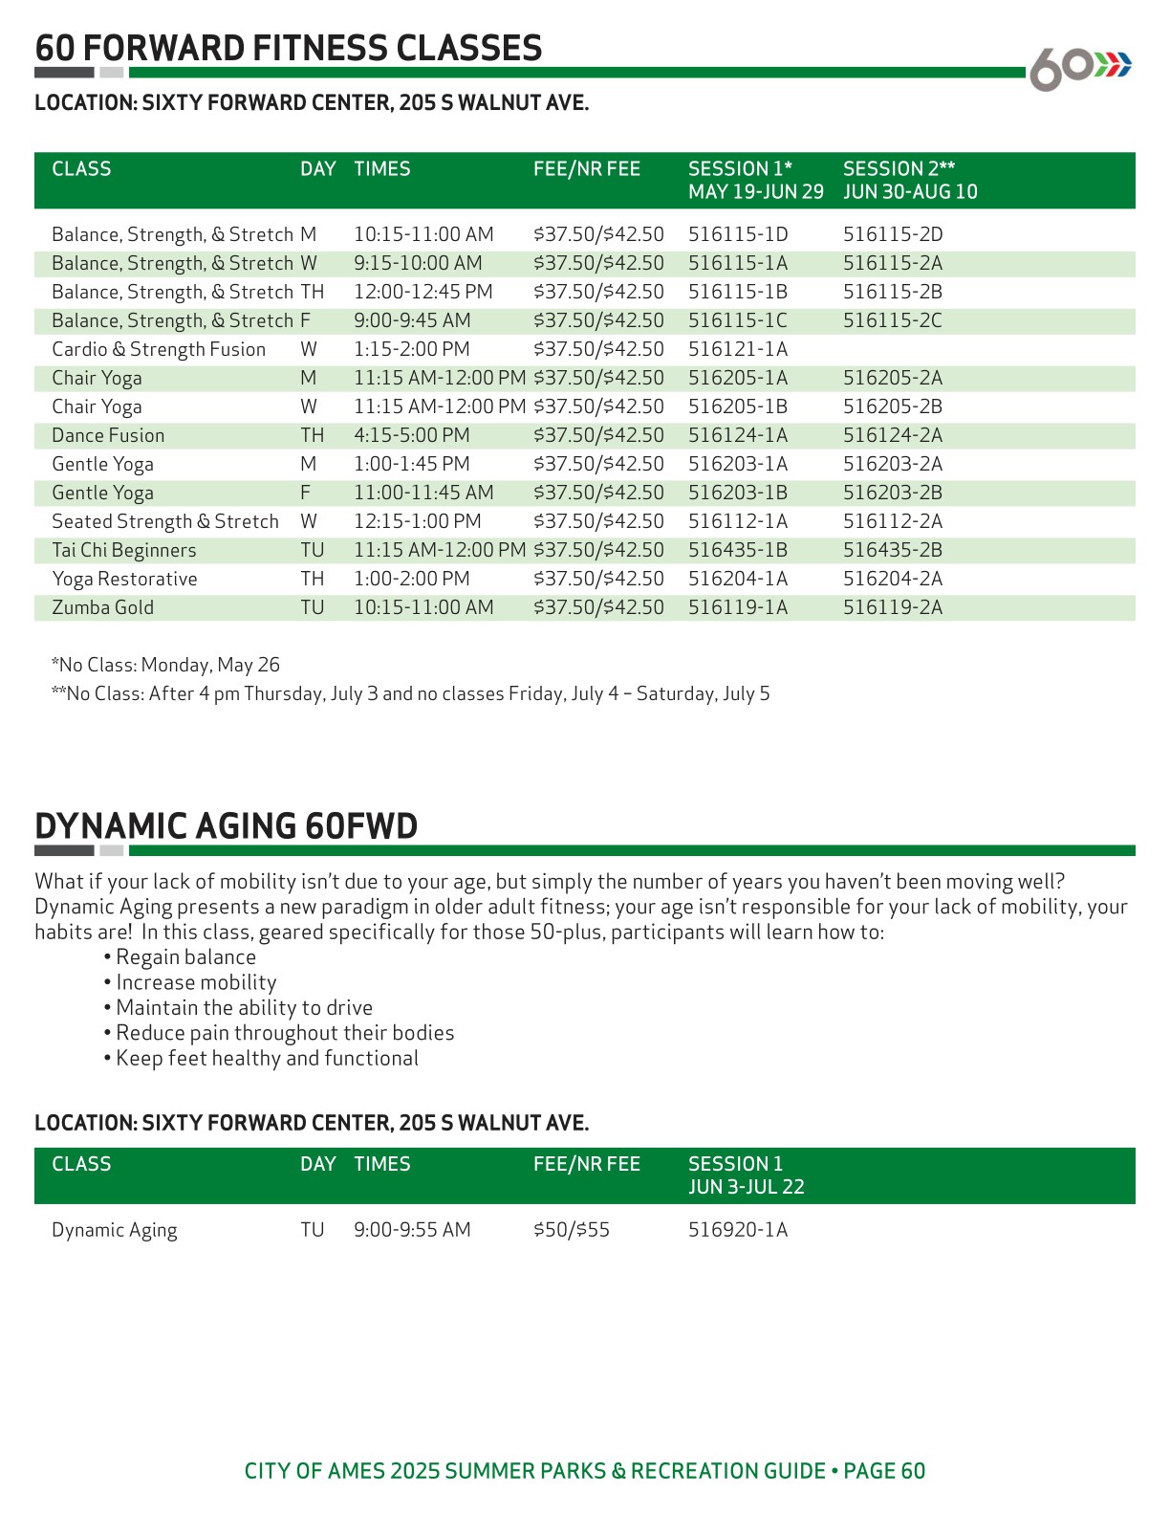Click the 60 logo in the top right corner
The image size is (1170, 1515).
1078,68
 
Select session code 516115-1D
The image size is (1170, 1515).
738,234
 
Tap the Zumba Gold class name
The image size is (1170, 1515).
102,607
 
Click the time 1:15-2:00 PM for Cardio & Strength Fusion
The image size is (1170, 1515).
411,349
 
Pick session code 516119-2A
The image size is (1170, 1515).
892,607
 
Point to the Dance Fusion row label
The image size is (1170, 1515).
108,435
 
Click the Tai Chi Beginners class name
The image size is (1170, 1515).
123,550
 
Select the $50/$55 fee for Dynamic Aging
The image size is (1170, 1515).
571,1230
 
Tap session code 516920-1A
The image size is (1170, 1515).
738,1230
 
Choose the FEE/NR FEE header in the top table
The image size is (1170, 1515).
586,169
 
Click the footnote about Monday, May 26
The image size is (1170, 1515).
165,665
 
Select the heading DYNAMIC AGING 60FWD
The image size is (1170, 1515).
226,826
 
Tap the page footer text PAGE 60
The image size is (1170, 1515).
884,1471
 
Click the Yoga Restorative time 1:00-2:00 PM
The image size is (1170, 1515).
411,579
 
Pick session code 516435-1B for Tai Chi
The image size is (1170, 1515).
738,550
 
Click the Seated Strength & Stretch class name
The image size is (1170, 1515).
164,521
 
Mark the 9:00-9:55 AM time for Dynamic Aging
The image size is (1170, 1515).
412,1230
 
